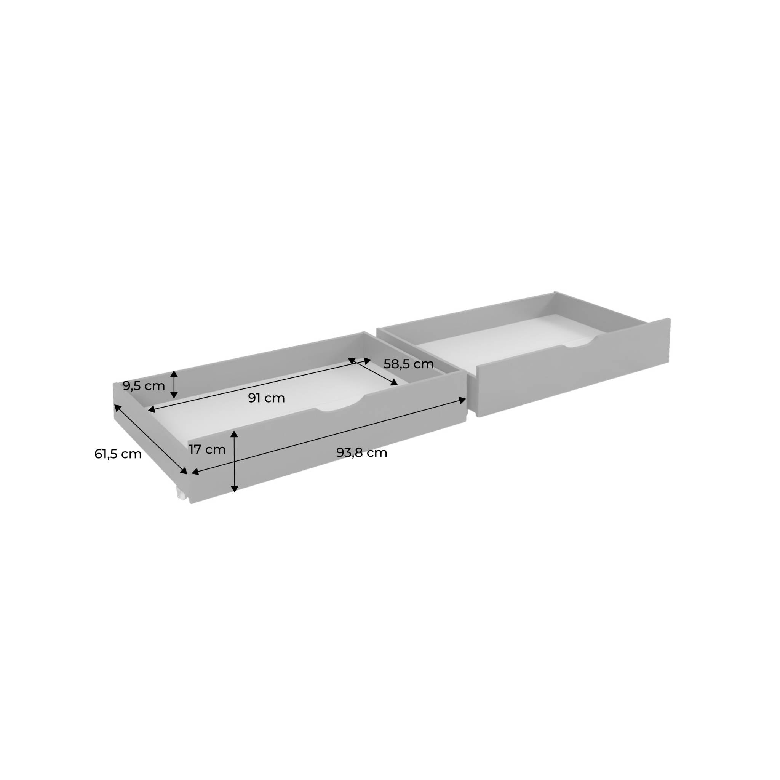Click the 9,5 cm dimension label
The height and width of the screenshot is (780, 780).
coord(144,386)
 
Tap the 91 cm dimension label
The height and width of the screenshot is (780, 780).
coord(267,398)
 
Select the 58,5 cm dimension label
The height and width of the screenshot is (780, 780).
coord(409,364)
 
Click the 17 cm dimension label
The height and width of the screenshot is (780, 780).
coord(207,449)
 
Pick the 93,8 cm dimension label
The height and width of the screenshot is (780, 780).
coord(362,452)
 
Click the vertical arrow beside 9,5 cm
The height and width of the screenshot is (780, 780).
coord(174,384)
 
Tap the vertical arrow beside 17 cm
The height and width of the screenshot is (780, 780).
coord(234,462)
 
